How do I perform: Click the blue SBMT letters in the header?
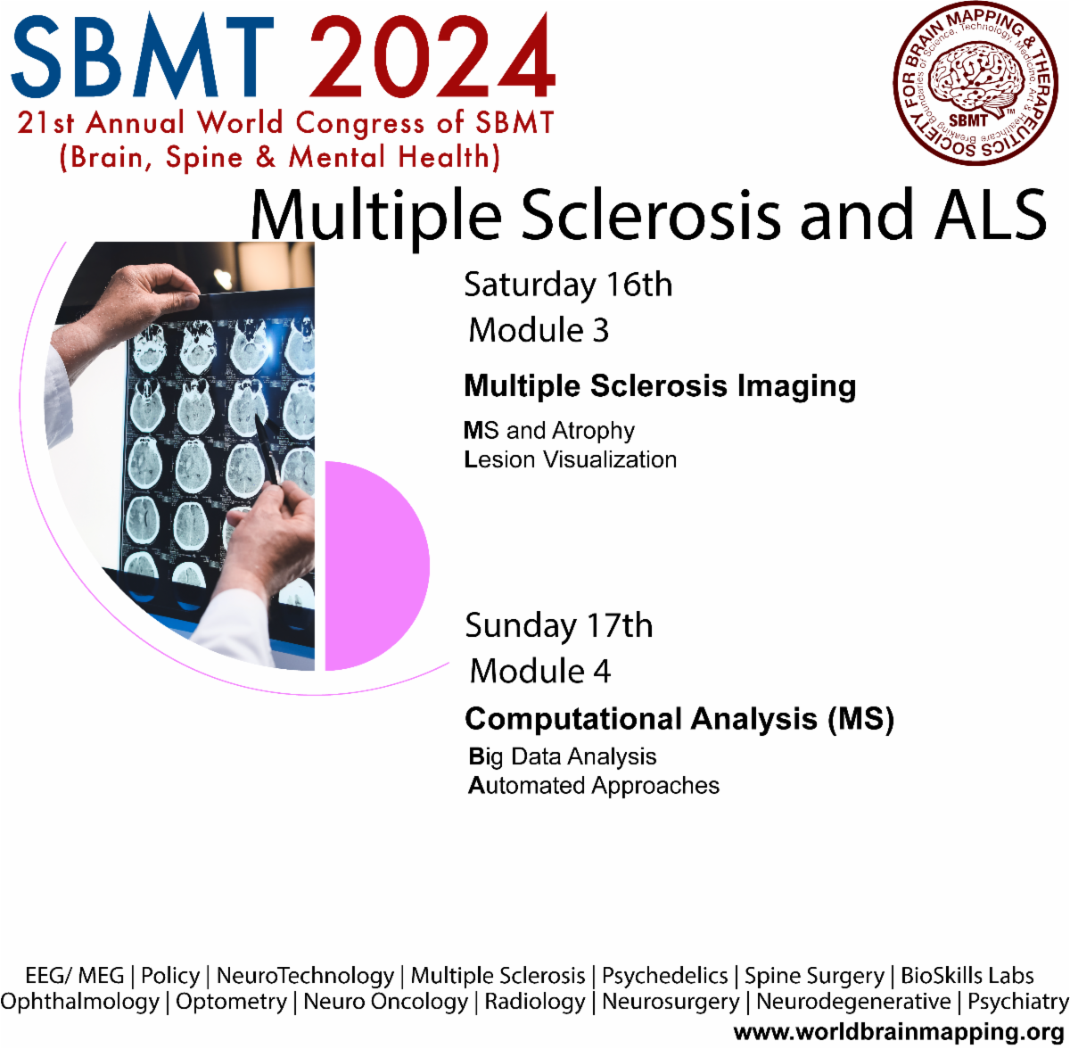click(x=143, y=57)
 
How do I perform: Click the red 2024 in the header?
click(x=432, y=57)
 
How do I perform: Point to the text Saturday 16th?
click(x=568, y=285)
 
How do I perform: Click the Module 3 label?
click(x=539, y=331)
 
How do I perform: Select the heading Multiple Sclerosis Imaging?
click(x=660, y=386)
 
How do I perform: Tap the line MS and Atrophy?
click(x=549, y=431)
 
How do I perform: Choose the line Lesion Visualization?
click(x=571, y=460)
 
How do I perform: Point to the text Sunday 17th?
click(x=559, y=626)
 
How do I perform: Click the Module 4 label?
click(x=540, y=672)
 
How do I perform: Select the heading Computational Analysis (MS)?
click(x=679, y=719)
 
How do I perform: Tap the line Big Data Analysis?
click(x=563, y=757)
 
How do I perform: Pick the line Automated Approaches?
click(x=594, y=786)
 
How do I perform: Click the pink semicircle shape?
click(x=374, y=566)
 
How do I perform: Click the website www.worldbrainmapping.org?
click(x=899, y=1033)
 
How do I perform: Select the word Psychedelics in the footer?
click(x=664, y=977)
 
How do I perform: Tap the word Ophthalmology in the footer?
click(x=80, y=1003)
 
